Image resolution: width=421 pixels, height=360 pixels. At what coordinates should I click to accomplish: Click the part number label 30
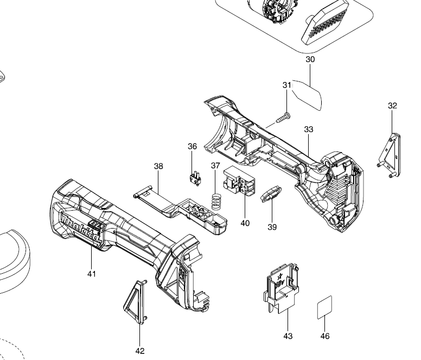[310, 59]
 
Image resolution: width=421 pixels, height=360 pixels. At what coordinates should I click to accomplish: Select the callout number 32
[392, 106]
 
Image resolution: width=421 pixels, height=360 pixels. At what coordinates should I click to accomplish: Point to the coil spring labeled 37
[216, 201]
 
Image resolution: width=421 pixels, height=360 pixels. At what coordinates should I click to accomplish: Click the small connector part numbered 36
[195, 179]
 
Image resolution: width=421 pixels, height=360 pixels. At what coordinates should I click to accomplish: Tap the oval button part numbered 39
[271, 194]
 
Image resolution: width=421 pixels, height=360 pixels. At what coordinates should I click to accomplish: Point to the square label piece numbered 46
[324, 307]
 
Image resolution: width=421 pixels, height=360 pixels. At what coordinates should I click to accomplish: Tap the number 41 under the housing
[92, 274]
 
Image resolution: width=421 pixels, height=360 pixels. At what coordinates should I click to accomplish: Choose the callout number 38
[158, 166]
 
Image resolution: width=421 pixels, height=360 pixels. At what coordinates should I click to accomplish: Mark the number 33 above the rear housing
[309, 129]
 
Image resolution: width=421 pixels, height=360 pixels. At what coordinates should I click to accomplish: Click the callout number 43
[288, 336]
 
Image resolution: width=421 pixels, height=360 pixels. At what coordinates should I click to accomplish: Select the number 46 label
[325, 336]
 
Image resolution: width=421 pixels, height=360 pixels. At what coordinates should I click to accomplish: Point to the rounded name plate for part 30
[307, 94]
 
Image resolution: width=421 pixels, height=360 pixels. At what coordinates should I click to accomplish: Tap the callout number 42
[140, 351]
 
